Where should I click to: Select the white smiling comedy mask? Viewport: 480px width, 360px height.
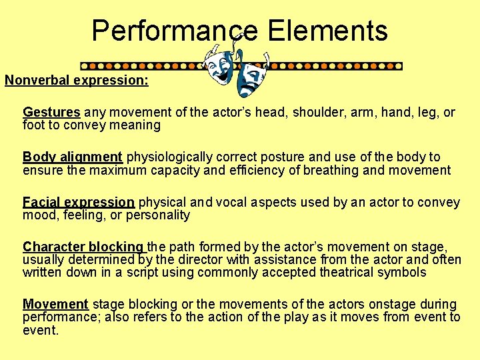tap(219, 65)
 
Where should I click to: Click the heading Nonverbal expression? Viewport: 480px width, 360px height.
tap(77, 81)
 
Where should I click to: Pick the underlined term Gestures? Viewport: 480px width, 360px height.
tap(51, 112)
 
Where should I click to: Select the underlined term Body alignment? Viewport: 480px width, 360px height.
tap(73, 157)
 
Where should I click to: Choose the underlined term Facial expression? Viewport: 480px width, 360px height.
tap(79, 202)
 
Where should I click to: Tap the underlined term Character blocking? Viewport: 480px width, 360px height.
tap(83, 247)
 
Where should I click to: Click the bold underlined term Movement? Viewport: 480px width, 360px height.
tap(55, 304)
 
